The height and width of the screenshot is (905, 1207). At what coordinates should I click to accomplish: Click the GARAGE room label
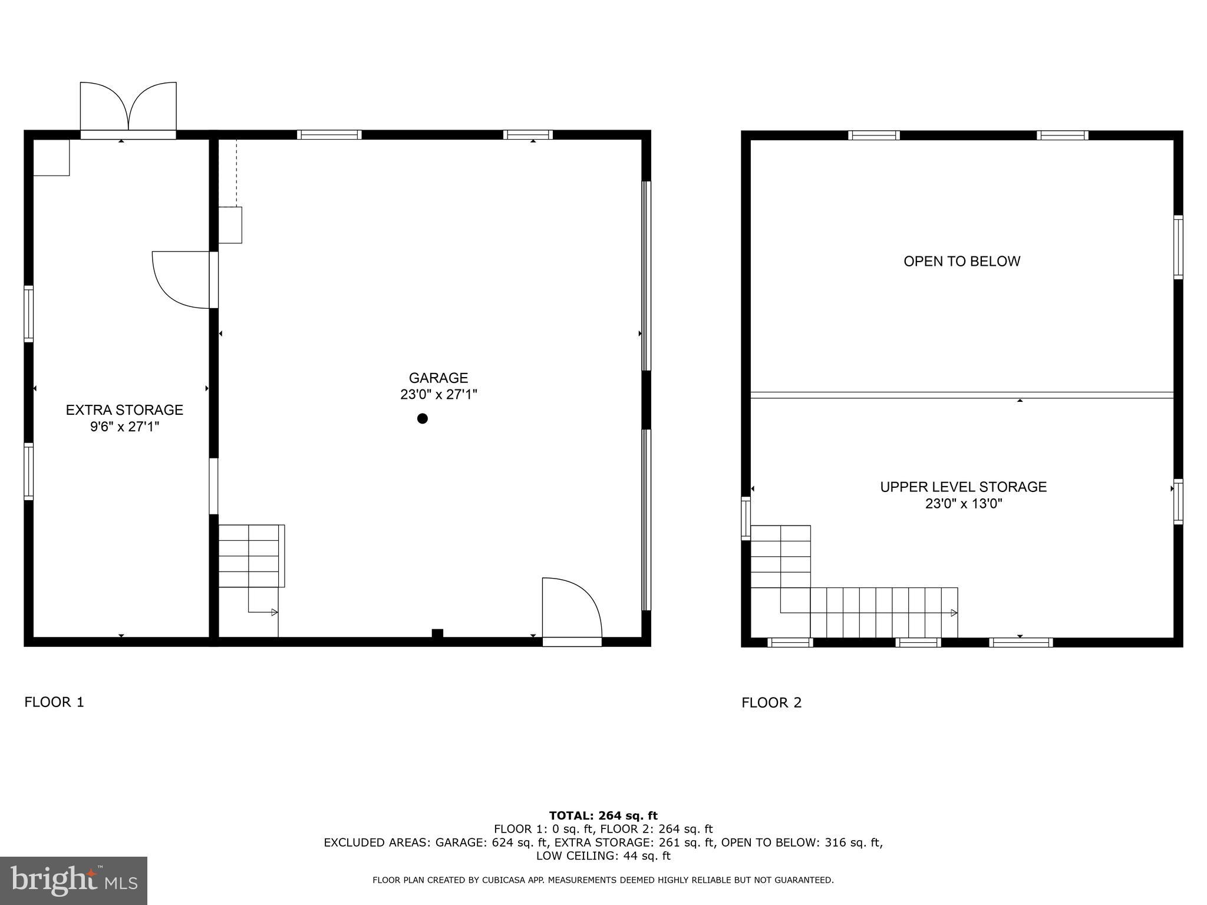click(x=438, y=378)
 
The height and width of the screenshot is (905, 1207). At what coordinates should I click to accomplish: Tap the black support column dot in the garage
click(x=422, y=418)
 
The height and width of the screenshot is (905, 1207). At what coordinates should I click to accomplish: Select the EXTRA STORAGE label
click(x=124, y=409)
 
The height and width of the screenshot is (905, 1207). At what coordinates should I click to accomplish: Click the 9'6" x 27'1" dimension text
click(x=124, y=427)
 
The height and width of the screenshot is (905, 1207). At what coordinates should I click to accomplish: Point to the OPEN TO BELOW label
click(x=961, y=261)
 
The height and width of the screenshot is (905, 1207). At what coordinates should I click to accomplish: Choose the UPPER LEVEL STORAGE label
click(x=963, y=487)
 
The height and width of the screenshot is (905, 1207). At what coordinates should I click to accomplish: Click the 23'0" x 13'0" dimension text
click(x=963, y=504)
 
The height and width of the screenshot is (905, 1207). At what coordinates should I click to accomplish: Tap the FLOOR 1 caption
click(x=54, y=702)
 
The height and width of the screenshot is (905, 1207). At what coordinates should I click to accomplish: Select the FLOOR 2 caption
click(x=771, y=702)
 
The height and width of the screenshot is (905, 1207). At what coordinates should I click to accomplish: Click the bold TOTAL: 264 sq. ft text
click(x=603, y=815)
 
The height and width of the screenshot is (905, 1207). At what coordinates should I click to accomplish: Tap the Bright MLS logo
click(x=74, y=881)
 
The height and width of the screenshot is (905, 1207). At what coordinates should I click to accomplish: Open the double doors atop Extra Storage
click(x=128, y=109)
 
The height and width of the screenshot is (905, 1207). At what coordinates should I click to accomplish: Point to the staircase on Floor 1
click(x=251, y=556)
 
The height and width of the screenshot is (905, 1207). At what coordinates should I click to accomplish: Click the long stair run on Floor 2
click(x=883, y=612)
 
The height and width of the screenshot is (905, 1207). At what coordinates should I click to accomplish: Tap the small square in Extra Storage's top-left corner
click(x=51, y=157)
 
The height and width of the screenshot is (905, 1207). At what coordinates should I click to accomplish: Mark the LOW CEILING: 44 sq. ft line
click(x=603, y=856)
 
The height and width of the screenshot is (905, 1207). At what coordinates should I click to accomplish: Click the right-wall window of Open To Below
click(x=1178, y=247)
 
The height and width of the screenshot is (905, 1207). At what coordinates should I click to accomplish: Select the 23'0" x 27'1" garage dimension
click(x=438, y=394)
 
